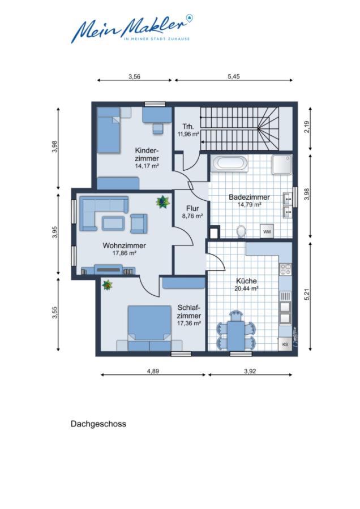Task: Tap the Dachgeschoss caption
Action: [x=98, y=423]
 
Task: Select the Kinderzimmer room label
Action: [x=146, y=154]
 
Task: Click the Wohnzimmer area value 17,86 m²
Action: [x=125, y=254]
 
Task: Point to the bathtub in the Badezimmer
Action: [x=229, y=165]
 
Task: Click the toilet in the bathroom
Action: [x=241, y=231]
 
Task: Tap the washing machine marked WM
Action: [x=267, y=231]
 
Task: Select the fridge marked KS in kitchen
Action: [x=285, y=343]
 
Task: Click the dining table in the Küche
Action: [x=235, y=330]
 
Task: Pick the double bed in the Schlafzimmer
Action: [x=149, y=325]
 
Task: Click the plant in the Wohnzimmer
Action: [x=163, y=201]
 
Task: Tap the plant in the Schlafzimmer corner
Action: [x=106, y=286]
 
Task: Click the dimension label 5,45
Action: [x=234, y=77]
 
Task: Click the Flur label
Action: [x=192, y=208]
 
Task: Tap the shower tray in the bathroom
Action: [x=281, y=165]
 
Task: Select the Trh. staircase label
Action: [x=188, y=127]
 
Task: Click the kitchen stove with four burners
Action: [x=285, y=270]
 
